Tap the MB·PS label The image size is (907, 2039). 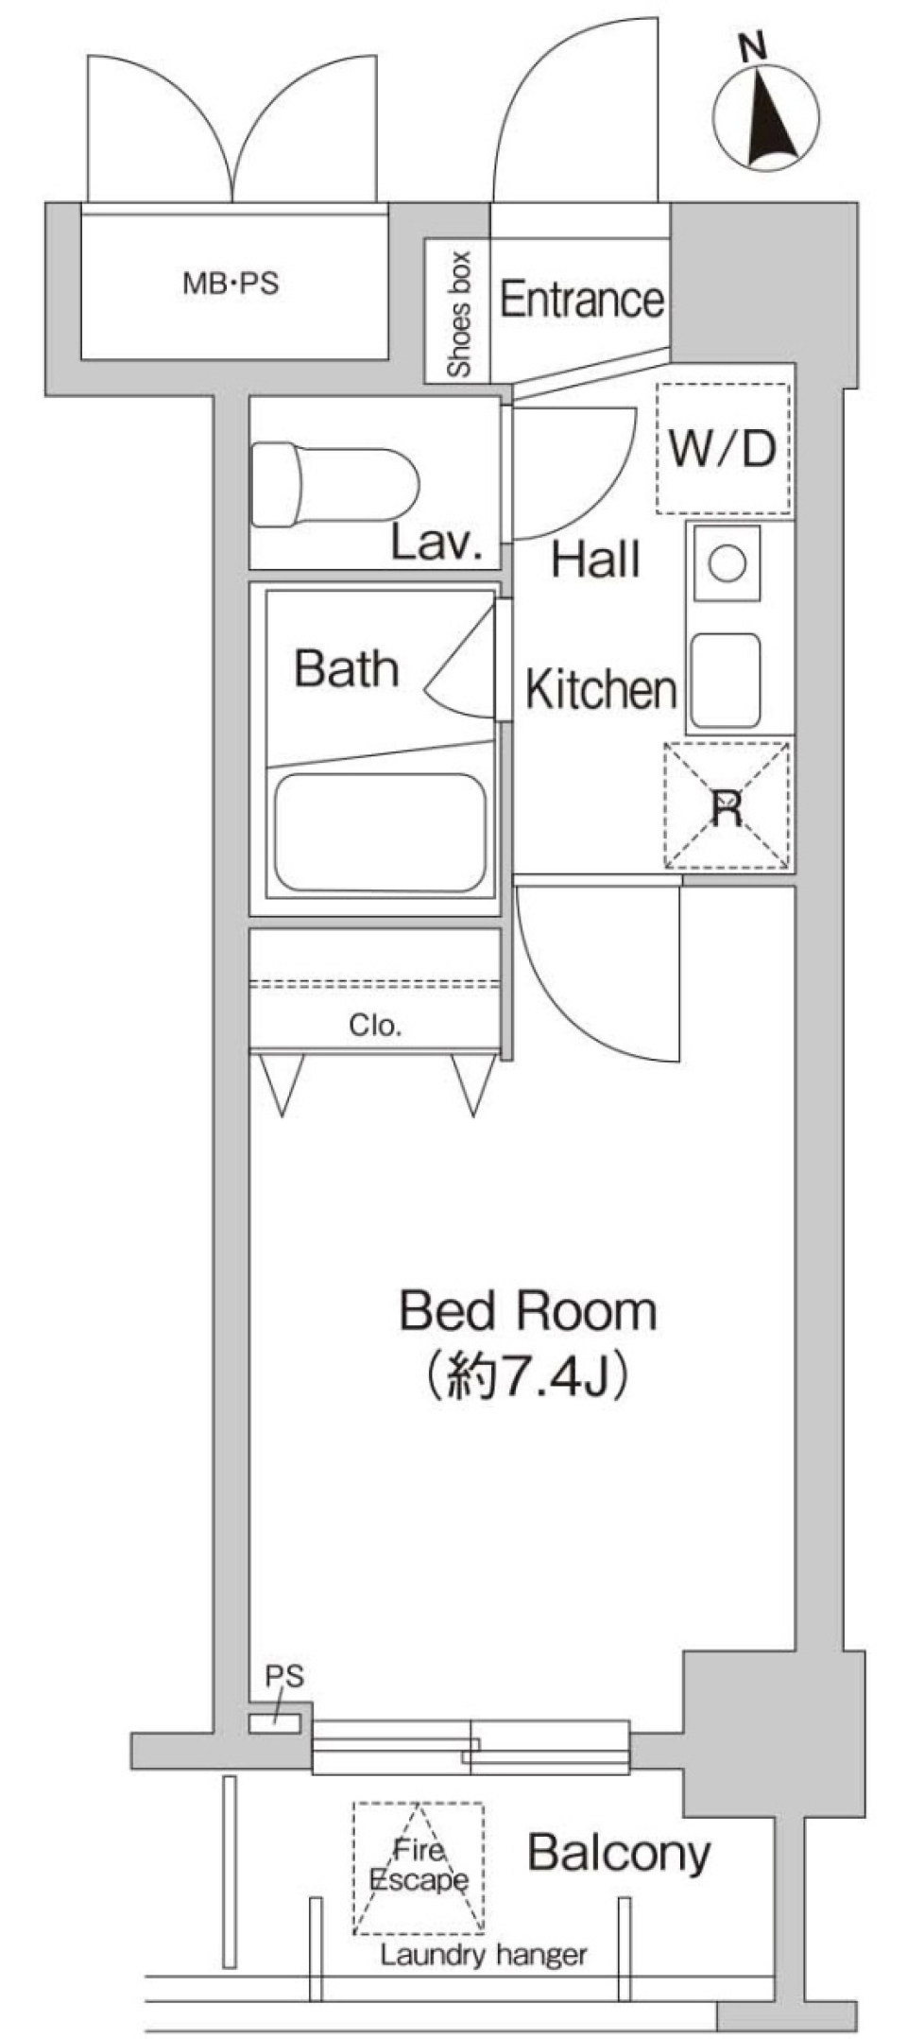coord(231,284)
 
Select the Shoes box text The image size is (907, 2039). coord(459,315)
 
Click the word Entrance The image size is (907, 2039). coord(581,301)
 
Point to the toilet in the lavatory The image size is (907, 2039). coord(335,487)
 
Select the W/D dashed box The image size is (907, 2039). coord(724,448)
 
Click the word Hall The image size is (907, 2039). coord(595,560)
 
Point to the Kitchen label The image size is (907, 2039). coord(601,690)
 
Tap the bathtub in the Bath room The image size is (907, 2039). coord(380,832)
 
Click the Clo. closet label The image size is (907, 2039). coord(375,1026)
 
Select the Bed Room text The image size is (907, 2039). coord(527,1312)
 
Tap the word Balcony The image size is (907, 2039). coord(619,1854)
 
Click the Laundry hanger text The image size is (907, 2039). coord(484,1956)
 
